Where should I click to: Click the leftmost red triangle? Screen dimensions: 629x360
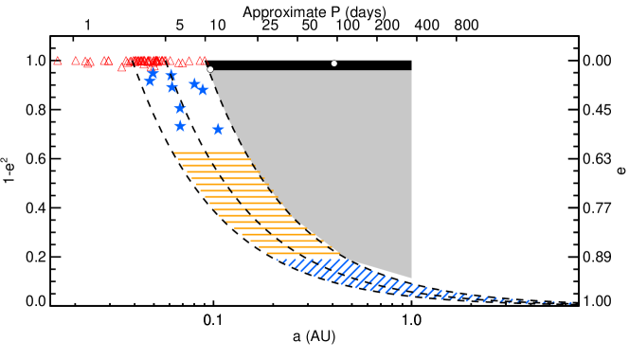tap(58, 61)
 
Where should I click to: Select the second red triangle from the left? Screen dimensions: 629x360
tap(76, 61)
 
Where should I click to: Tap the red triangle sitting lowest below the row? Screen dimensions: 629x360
tap(121, 67)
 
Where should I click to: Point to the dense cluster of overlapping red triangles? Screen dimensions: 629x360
tap(144, 62)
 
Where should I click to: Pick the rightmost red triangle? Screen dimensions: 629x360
tap(203, 61)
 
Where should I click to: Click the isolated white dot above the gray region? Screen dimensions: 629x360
tap(334, 63)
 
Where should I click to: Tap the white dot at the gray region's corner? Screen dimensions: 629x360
tap(210, 69)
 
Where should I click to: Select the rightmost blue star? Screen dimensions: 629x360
tap(218, 129)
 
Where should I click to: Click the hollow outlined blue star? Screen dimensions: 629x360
tap(171, 74)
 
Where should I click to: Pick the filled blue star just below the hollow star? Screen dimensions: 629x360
tap(171, 87)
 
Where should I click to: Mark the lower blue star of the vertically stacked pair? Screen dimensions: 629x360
tap(180, 126)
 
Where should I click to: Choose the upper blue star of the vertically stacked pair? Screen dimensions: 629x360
tap(180, 108)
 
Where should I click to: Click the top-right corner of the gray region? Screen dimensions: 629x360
tap(411, 71)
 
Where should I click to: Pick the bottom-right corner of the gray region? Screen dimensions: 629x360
tap(411, 278)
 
